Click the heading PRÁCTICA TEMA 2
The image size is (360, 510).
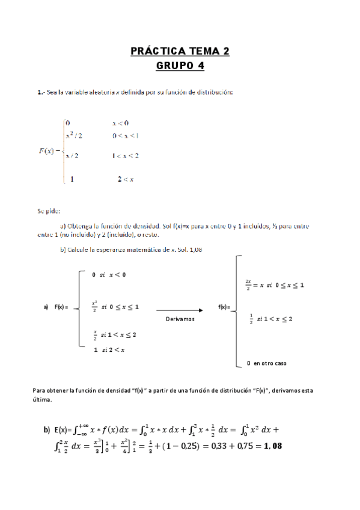click(180, 52)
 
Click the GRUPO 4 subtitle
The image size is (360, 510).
click(180, 66)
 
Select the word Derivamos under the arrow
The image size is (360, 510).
click(180, 319)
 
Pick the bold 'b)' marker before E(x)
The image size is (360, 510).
click(47, 430)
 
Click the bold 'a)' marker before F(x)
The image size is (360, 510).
click(46, 307)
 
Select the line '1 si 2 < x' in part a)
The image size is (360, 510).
click(109, 349)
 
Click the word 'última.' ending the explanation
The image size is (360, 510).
click(42, 399)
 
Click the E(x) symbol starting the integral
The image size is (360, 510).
click(63, 430)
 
